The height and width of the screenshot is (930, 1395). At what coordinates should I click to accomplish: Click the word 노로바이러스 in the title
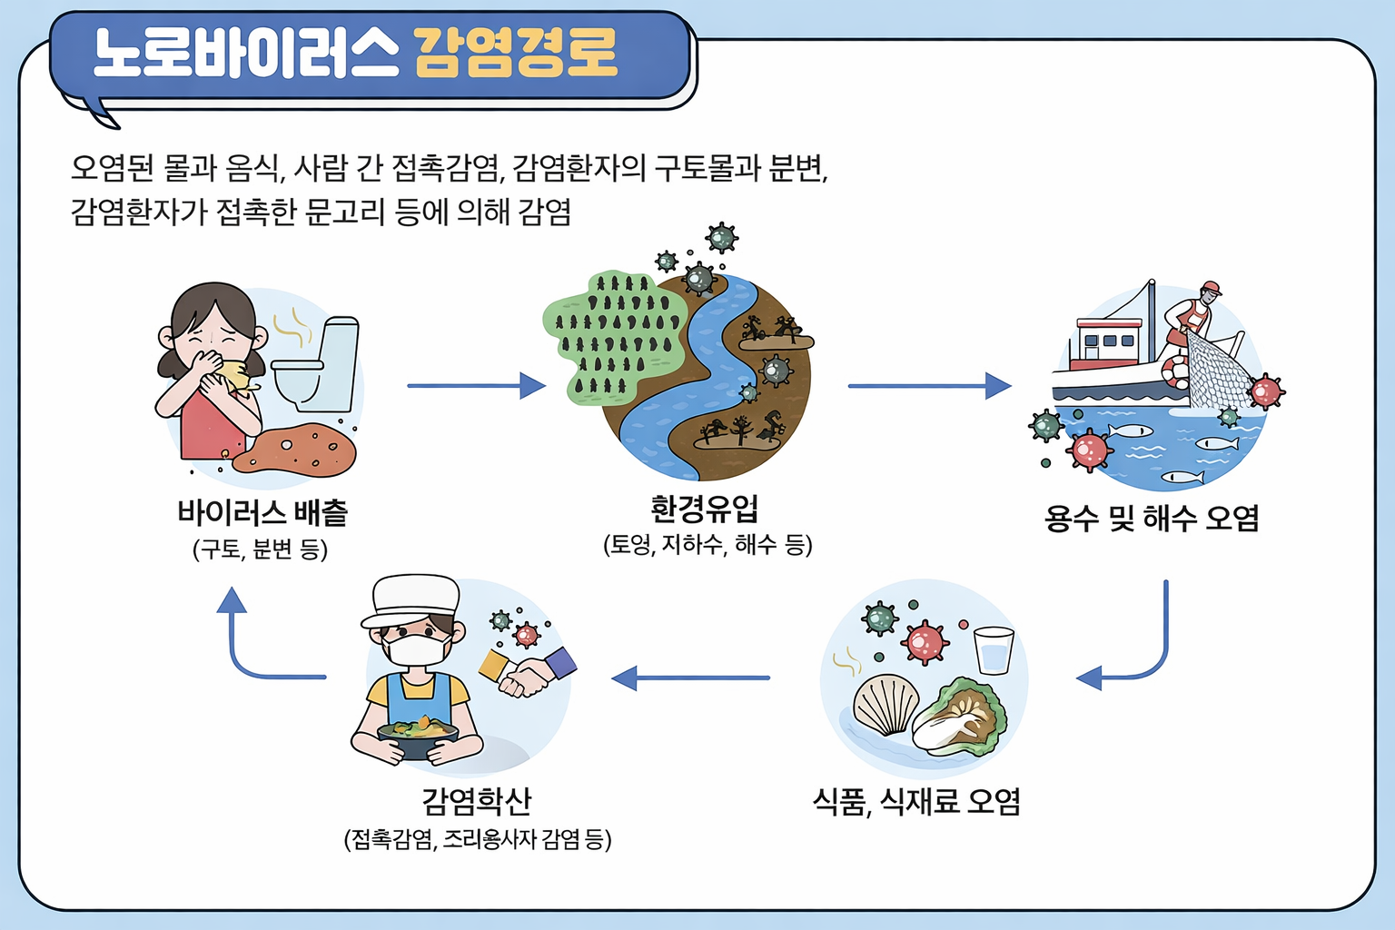(245, 53)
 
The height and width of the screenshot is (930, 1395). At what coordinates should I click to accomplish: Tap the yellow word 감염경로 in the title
(516, 53)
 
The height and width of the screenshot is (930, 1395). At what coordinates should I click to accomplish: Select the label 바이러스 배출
(262, 513)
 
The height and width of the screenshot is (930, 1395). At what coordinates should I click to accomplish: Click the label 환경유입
(705, 509)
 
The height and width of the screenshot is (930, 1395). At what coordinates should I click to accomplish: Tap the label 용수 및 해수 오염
(1152, 518)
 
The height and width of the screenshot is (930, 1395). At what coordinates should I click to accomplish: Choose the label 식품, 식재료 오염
(916, 802)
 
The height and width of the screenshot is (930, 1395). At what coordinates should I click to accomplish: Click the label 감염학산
(477, 801)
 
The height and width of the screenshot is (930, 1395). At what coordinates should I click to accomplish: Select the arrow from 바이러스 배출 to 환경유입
(476, 386)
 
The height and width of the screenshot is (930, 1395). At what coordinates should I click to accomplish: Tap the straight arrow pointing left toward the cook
(690, 678)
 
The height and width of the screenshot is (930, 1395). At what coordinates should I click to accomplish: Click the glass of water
(994, 649)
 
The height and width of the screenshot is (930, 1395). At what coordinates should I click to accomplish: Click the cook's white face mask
(417, 650)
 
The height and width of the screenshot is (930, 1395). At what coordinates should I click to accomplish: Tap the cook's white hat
(411, 599)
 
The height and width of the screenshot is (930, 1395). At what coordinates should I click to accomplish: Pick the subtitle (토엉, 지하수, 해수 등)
(707, 545)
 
